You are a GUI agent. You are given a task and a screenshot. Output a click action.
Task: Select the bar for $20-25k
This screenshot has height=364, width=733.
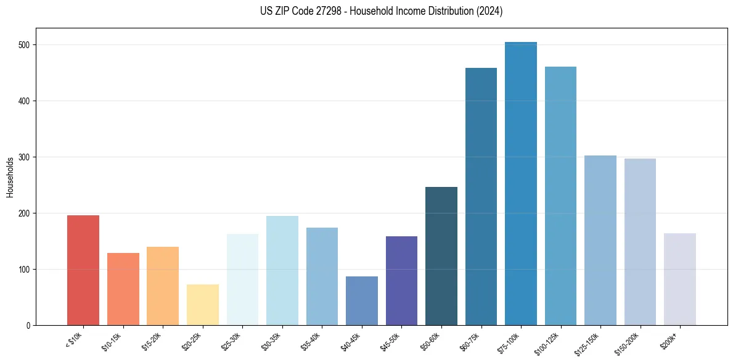[202, 305]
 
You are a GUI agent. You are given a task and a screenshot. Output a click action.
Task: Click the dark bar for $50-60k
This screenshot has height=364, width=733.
[441, 256]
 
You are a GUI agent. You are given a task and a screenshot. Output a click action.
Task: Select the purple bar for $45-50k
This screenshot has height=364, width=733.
[401, 281]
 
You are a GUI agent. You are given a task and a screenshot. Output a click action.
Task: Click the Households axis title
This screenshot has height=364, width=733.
[10, 177]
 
